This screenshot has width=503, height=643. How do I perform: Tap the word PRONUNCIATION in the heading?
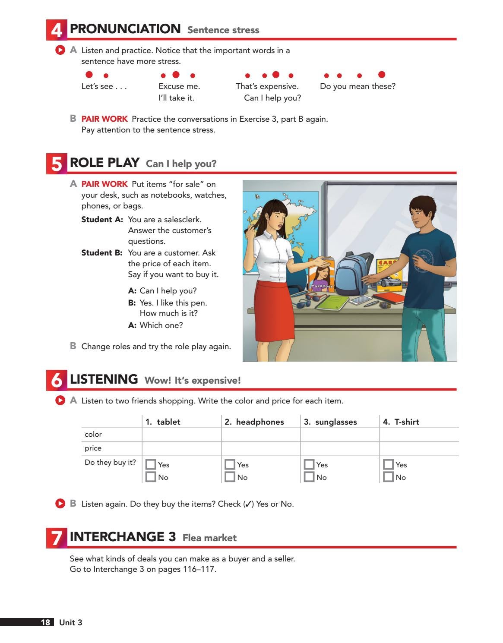[x=125, y=29]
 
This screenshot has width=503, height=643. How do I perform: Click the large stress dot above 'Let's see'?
[x=89, y=75]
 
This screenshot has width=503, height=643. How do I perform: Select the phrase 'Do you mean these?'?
[x=357, y=86]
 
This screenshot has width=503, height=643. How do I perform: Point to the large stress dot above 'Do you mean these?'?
[x=381, y=75]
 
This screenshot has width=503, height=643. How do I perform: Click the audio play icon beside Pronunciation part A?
[x=60, y=50]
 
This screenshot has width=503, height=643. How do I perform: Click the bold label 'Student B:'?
[x=102, y=253]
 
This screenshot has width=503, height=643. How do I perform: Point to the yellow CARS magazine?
[x=389, y=274]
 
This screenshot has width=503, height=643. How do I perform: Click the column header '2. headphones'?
[x=254, y=422]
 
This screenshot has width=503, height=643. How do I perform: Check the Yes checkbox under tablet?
[x=151, y=464]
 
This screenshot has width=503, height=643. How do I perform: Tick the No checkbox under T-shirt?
[x=388, y=477]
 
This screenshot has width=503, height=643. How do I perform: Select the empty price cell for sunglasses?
[x=340, y=448]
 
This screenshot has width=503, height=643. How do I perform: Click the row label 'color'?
[x=93, y=435]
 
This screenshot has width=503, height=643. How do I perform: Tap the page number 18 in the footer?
[x=45, y=622]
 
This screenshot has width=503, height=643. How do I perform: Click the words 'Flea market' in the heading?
[x=209, y=538]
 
